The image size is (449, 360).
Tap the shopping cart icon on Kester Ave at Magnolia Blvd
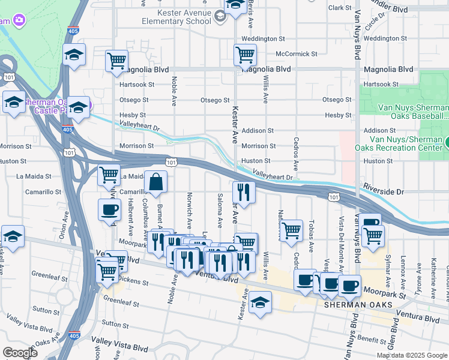tap(245, 55)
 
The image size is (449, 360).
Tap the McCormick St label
tap(296, 54)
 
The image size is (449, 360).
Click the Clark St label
tap(339, 8)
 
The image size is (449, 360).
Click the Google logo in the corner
tap(19, 352)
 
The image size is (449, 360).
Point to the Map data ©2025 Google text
tap(411, 355)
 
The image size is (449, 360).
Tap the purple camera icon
tap(19, 20)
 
